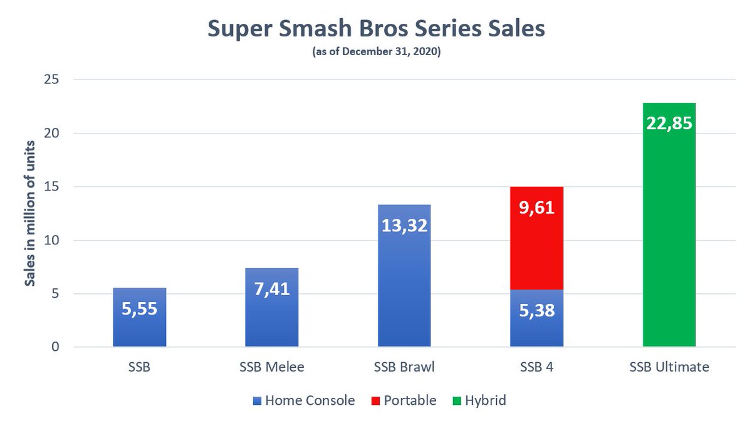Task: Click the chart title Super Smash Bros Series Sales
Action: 375,30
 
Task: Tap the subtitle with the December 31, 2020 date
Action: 375,55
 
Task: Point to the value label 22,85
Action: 669,123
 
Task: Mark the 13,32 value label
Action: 404,224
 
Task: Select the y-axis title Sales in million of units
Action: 29,213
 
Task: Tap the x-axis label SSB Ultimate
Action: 669,367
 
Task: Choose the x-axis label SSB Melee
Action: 272,367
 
